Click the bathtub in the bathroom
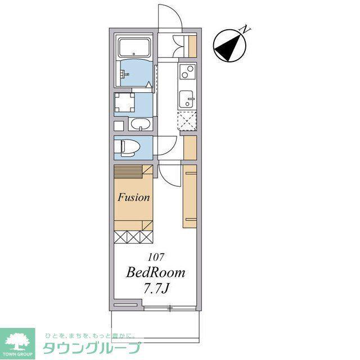pyautogui.click(x=134, y=47)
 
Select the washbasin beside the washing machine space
pyautogui.click(x=141, y=124)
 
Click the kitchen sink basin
pyautogui.click(x=186, y=99)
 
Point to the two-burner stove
pyautogui.click(x=187, y=71)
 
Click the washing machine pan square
pyautogui.click(x=124, y=102)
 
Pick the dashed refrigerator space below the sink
pyautogui.click(x=187, y=121)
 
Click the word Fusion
pyautogui.click(x=134, y=197)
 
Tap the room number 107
pyautogui.click(x=156, y=257)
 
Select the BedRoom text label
pyautogui.click(x=155, y=272)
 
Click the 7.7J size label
pyautogui.click(x=156, y=289)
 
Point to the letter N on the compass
pyautogui.click(x=245, y=29)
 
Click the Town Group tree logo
pyautogui.click(x=18, y=342)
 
